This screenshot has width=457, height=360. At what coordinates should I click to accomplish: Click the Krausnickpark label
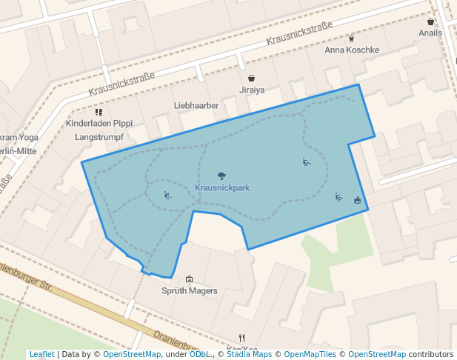click(221, 188)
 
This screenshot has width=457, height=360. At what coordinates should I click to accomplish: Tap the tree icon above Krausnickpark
click(221, 176)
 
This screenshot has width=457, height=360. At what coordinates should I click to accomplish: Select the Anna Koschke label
click(352, 50)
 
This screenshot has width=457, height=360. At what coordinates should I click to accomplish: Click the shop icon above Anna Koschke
click(351, 39)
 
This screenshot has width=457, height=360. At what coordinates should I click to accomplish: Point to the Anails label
click(430, 33)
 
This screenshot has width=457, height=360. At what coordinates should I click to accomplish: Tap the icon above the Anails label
click(430, 22)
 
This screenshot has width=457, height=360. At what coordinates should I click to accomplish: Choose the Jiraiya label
click(252, 90)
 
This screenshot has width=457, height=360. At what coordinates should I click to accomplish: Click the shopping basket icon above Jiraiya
click(252, 78)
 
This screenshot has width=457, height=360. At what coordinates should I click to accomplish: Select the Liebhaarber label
click(196, 106)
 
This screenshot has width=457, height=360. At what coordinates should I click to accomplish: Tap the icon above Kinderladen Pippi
click(99, 112)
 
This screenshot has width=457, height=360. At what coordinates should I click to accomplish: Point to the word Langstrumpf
click(99, 137)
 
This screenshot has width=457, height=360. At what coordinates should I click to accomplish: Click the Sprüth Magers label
click(190, 291)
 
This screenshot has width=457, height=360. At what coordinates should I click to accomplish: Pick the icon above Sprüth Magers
click(189, 279)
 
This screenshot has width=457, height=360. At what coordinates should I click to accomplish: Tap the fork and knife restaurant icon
click(241, 338)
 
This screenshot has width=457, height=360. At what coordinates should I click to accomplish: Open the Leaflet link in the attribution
click(41, 355)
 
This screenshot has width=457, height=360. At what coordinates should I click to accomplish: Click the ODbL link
click(200, 355)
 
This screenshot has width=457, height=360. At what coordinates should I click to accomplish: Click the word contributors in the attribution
click(431, 355)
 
